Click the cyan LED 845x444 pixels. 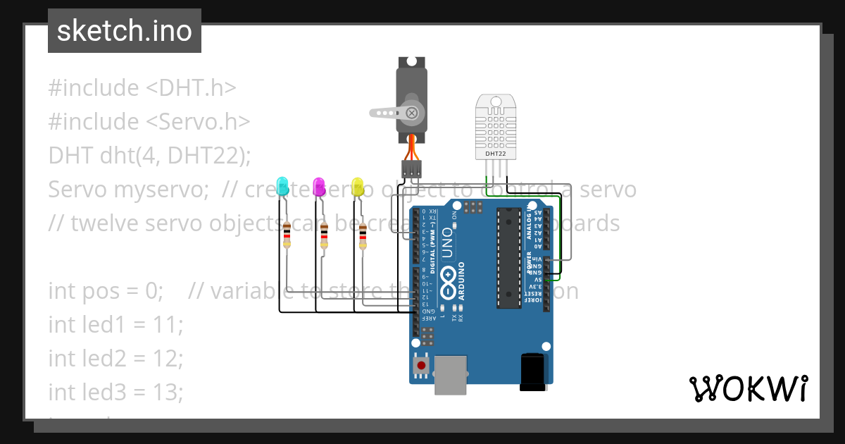pos(283,186)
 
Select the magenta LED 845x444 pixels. pos(319,186)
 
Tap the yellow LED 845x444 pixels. pos(357,186)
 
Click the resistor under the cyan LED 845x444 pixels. pos(287,234)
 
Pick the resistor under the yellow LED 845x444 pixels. pos(363,236)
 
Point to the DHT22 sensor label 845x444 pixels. pos(496,153)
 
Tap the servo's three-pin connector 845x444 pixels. pos(412,169)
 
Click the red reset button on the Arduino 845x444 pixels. pos(421,364)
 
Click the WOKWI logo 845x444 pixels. pos(748,388)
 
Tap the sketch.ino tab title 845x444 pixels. pos(125,31)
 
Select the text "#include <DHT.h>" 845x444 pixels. pos(142,88)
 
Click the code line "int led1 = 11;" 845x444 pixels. pos(115,325)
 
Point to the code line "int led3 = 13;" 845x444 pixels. pos(115,391)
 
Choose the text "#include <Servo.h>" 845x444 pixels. pos(149,121)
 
